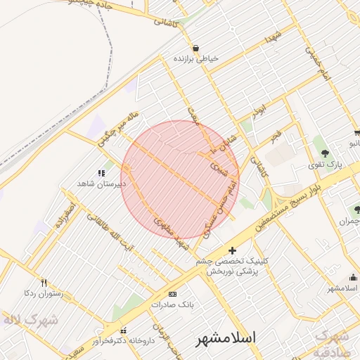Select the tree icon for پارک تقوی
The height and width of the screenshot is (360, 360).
pyautogui.click(x=325, y=153)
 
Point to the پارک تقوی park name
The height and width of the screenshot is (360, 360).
pyautogui.click(x=324, y=166)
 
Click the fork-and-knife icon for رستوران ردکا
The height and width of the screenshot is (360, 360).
pyautogui.click(x=44, y=282)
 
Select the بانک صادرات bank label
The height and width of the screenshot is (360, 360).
pyautogui.click(x=172, y=304)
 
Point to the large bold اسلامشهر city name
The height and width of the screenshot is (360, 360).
pyautogui.click(x=225, y=338)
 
